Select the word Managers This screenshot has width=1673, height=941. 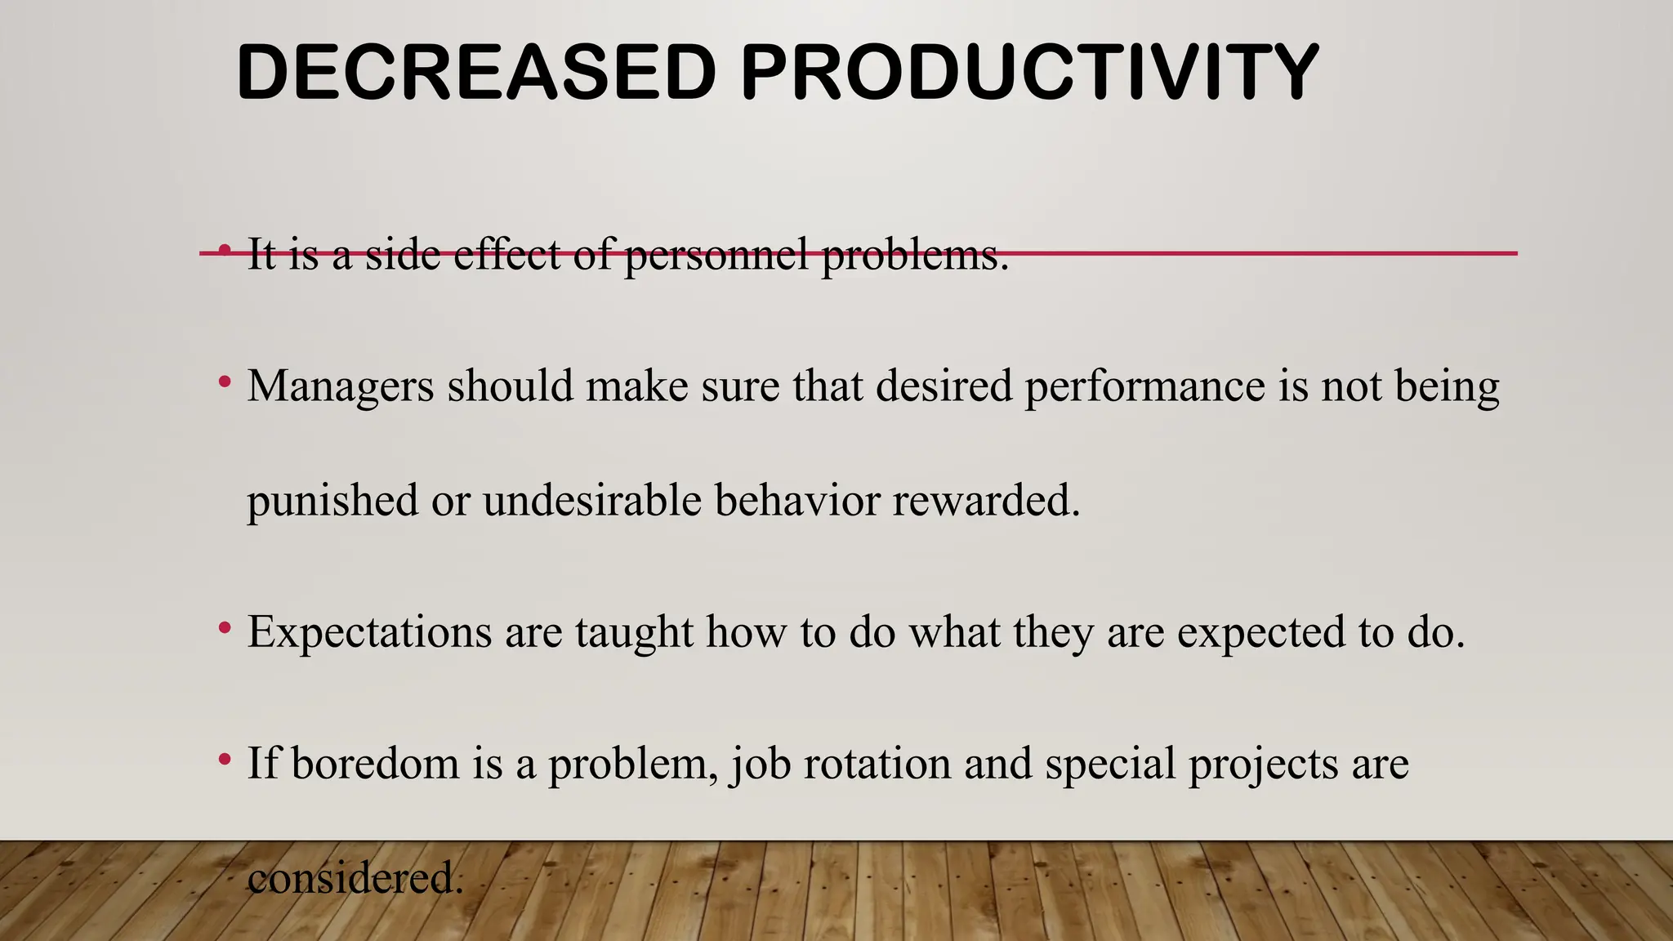click(x=340, y=386)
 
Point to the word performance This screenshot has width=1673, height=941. click(x=1144, y=386)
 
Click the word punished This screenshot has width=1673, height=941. click(x=332, y=500)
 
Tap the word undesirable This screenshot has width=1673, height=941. click(x=591, y=500)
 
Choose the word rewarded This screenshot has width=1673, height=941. click(x=985, y=500)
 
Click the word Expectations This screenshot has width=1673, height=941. click(x=369, y=632)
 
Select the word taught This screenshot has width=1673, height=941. click(x=634, y=632)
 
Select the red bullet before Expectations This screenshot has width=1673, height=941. click(x=225, y=628)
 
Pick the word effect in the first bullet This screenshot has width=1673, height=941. click(x=506, y=255)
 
